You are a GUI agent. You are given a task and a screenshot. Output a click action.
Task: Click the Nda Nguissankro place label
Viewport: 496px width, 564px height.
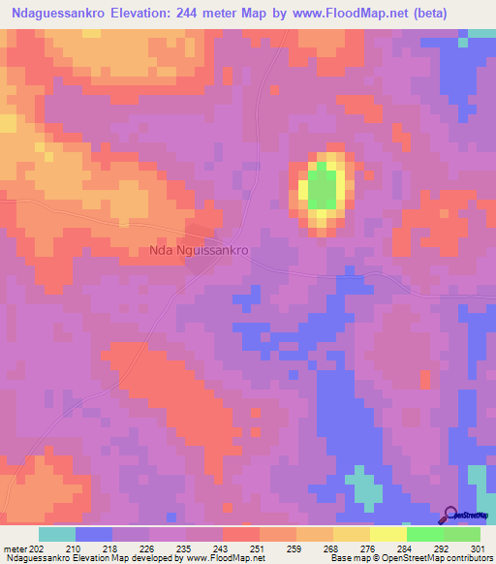pos(201,250)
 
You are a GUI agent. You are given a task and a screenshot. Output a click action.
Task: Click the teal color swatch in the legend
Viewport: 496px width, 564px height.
pos(57,534)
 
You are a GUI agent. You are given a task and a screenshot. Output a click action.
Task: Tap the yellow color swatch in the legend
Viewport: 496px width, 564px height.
pos(387,534)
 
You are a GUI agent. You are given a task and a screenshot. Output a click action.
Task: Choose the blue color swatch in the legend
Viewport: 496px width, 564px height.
pos(94,534)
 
